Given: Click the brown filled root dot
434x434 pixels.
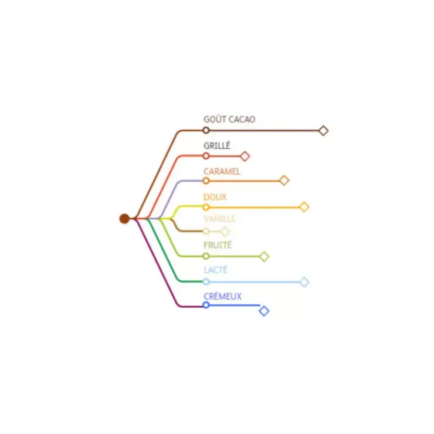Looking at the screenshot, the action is point(124,219).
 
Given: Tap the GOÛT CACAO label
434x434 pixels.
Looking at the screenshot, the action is point(229,119).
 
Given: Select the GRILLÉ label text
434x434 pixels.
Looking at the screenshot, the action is point(217,145).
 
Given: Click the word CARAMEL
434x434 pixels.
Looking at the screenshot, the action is point(222,171).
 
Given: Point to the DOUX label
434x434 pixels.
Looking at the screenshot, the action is point(215,197).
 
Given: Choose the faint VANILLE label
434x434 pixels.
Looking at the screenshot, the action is point(219,219).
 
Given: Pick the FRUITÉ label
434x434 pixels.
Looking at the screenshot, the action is point(218,245).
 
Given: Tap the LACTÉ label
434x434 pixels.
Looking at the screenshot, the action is point(216,270).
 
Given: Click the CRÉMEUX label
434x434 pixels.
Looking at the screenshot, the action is point(222,296).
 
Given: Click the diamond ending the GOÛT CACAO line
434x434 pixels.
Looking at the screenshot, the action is point(324,130).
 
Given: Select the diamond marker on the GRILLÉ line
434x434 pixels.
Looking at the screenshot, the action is point(245,156).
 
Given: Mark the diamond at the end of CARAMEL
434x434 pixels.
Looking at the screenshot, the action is point(284,181).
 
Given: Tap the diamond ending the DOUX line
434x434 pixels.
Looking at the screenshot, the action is point(304,207).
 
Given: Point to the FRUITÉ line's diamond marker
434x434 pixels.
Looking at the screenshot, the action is point(264,256).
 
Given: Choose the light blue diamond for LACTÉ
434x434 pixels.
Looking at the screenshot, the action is point(304,282).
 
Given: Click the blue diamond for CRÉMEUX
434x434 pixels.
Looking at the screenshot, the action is point(264,311).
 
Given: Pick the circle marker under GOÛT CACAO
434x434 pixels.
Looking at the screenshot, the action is point(206,130).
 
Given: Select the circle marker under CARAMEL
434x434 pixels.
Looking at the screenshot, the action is point(206,181).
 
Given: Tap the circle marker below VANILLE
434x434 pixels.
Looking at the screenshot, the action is point(206,231).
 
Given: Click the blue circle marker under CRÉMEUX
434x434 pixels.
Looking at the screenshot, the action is point(206,305).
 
